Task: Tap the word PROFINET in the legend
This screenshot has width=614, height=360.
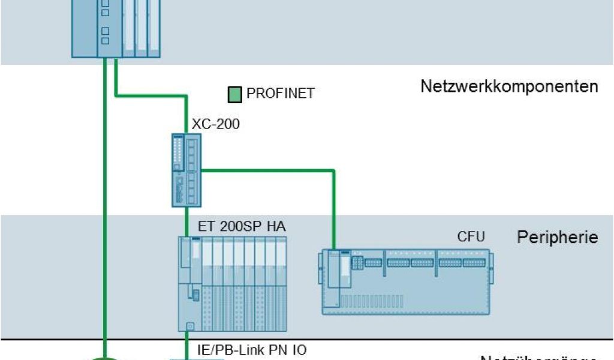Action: tap(281, 94)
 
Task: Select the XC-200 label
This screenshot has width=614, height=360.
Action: tap(215, 125)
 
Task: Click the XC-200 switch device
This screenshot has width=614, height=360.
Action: tap(186, 170)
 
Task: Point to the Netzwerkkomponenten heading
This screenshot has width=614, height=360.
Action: tap(509, 86)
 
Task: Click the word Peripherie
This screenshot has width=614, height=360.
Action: tap(558, 237)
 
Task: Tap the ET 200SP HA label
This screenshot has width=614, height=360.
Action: tap(242, 227)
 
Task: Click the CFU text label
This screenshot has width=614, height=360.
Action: tap(471, 236)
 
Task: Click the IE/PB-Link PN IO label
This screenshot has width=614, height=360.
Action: tap(252, 349)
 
